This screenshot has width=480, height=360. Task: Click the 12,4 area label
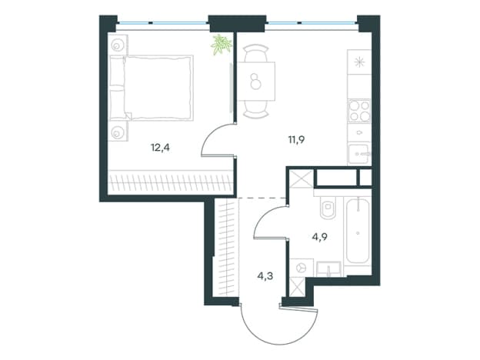click(x=160, y=148)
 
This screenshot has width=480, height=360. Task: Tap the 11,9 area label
click(x=296, y=140)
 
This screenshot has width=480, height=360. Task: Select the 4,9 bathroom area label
click(x=320, y=237)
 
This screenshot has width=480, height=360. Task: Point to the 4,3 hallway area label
click(x=265, y=276)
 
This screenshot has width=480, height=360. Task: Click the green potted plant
click(x=221, y=45)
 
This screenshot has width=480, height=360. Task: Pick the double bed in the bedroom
click(x=152, y=88)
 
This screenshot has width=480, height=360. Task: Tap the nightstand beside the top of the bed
click(x=118, y=45)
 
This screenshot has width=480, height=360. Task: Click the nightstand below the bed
click(x=118, y=132)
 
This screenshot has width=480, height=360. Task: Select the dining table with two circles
click(x=256, y=81)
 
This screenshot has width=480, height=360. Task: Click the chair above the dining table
click(x=256, y=53)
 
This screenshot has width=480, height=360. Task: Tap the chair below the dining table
click(x=256, y=109)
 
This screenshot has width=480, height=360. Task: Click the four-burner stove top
click(x=359, y=111)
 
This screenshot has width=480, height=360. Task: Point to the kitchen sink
click(x=360, y=154)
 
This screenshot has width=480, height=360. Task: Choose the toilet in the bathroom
click(x=328, y=207)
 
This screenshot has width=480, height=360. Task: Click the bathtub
click(x=358, y=231)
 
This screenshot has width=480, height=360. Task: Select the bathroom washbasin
click(x=328, y=269)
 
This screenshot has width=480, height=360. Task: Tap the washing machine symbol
click(x=302, y=268)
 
